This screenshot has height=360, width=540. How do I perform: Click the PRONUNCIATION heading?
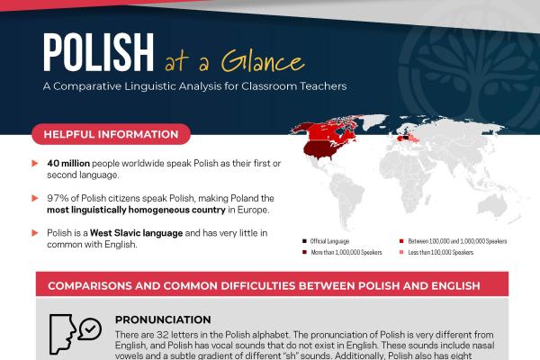157,319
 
